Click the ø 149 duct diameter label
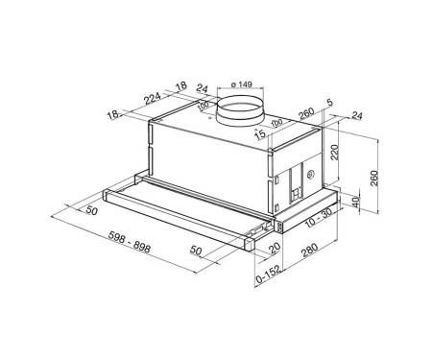[241, 84]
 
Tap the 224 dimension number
[153, 99]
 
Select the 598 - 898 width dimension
[130, 242]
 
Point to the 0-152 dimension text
[268, 275]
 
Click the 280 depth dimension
[310, 251]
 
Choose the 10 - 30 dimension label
[318, 218]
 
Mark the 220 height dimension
[334, 152]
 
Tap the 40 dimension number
[356, 202]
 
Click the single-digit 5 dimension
[330, 103]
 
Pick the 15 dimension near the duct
[260, 133]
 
